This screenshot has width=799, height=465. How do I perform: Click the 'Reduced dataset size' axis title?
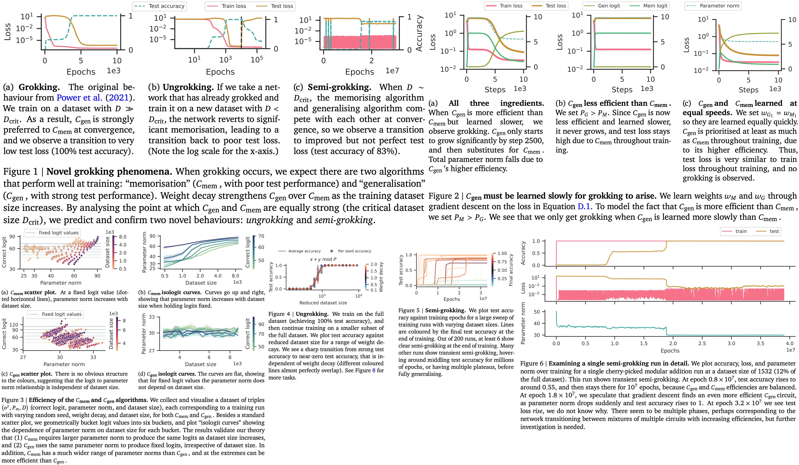[x=323, y=303]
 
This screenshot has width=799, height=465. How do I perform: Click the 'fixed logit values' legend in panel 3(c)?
[x=62, y=314]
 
